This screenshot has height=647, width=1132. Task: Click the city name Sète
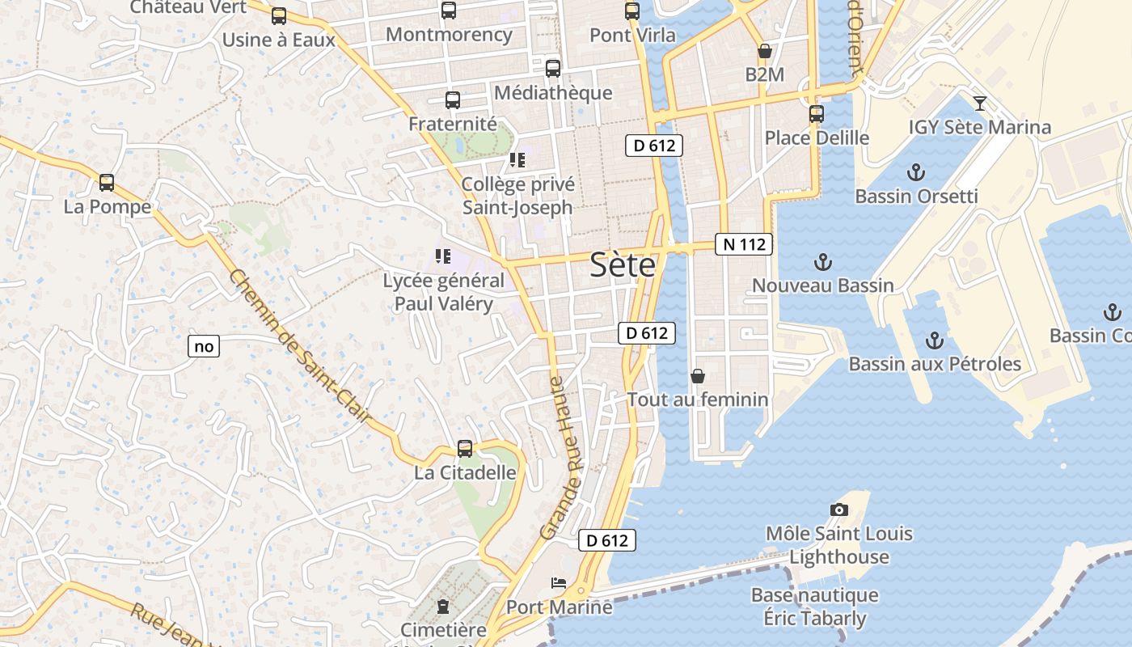tap(622, 264)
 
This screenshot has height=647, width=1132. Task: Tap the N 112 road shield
tap(744, 244)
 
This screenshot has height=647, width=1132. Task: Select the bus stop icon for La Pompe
tap(107, 183)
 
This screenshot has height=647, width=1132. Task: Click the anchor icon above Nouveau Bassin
tap(822, 261)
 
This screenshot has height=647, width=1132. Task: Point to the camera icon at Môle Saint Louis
tap(839, 510)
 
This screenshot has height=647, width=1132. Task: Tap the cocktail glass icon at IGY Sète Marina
tap(980, 103)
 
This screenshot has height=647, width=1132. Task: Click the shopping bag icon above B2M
tap(764, 51)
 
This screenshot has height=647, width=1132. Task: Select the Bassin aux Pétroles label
tap(934, 364)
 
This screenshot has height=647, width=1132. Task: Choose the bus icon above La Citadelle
tap(465, 448)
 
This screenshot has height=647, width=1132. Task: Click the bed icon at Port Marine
tap(559, 582)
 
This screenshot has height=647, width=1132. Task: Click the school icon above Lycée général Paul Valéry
tap(442, 256)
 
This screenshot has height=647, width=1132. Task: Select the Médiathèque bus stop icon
tap(553, 69)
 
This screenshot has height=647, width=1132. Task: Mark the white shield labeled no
tap(204, 347)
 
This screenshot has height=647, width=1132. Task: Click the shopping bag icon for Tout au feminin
tap(697, 376)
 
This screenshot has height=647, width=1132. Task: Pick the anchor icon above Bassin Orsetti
tap(916, 172)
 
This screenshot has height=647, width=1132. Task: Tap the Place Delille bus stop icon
tap(817, 114)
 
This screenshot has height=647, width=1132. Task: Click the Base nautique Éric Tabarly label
tap(814, 607)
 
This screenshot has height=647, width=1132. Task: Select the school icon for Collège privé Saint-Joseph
tap(517, 160)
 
